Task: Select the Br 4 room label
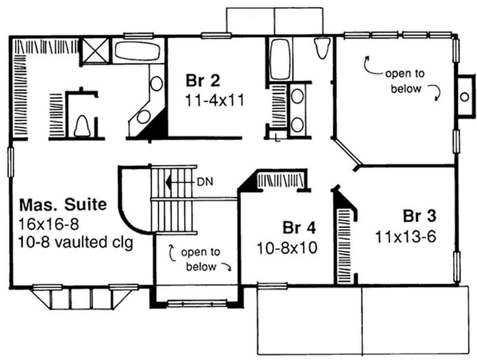[x=299, y=228]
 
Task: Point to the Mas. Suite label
[x=64, y=206]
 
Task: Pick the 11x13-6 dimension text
[x=406, y=236]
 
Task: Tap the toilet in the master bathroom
[x=83, y=126]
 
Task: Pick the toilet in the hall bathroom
[x=321, y=48]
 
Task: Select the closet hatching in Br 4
[x=282, y=179]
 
